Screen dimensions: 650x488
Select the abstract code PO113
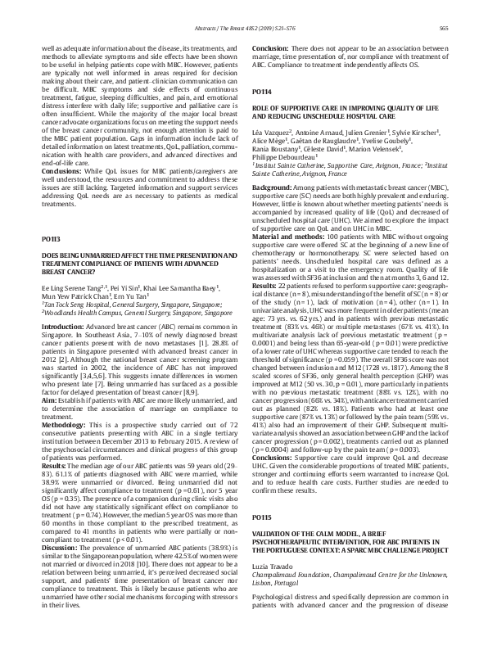click(x=50, y=215)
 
